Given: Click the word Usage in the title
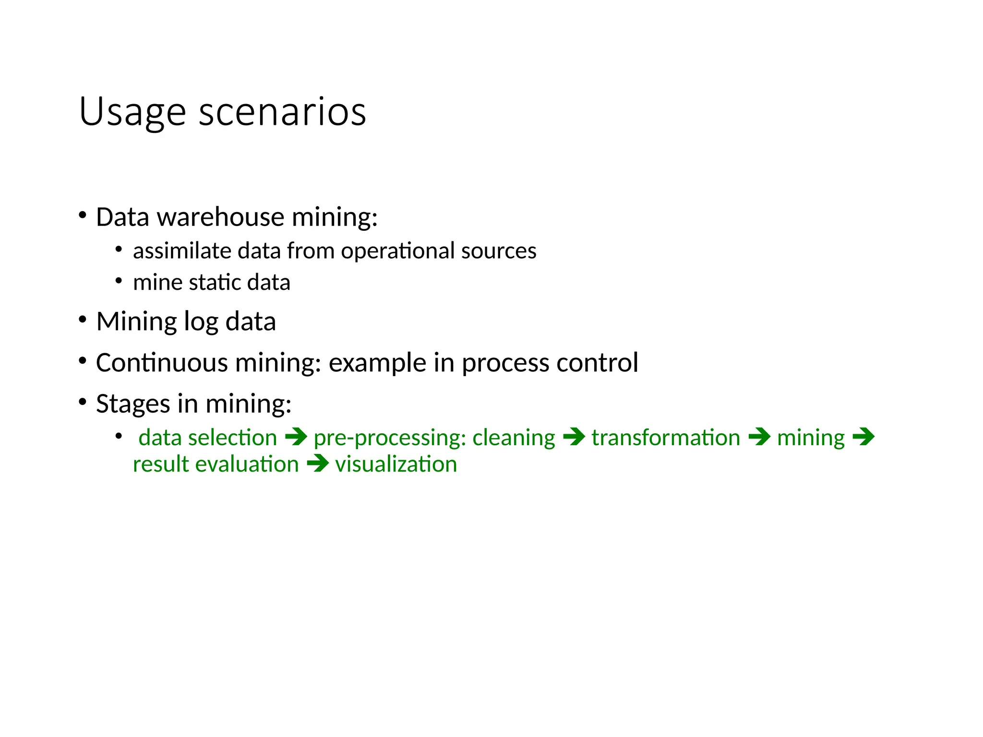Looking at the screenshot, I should pyautogui.click(x=132, y=113).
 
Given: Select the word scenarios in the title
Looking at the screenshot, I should pyautogui.click(x=282, y=112).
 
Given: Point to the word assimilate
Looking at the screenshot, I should pyautogui.click(x=182, y=251).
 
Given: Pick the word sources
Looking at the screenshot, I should pyautogui.click(x=498, y=251).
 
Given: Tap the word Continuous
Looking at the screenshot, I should pyautogui.click(x=161, y=363).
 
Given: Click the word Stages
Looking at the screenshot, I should pyautogui.click(x=133, y=404).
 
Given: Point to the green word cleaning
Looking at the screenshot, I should pyautogui.click(x=514, y=438).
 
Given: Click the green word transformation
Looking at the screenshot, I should pyautogui.click(x=666, y=438).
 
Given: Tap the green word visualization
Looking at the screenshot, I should pyautogui.click(x=396, y=464).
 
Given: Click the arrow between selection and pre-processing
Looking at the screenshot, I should pyautogui.click(x=296, y=437).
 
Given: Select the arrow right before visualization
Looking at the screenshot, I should pyautogui.click(x=317, y=464).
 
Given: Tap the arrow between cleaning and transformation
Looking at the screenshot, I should pyautogui.click(x=574, y=437).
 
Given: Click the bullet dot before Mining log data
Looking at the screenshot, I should pyautogui.click(x=83, y=320).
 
